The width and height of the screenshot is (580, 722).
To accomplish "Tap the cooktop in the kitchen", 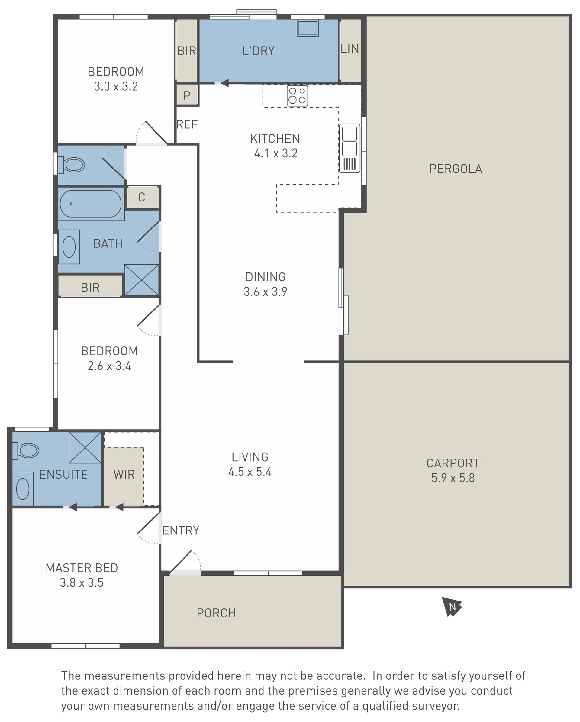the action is click(x=297, y=96).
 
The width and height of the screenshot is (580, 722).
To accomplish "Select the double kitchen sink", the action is click(x=350, y=148).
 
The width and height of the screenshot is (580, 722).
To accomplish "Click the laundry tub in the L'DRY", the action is click(x=308, y=28).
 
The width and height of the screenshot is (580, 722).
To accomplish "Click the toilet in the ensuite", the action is click(x=26, y=450).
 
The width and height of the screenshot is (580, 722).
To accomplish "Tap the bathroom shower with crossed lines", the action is click(x=141, y=280).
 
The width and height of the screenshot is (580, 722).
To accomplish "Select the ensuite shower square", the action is click(x=85, y=448).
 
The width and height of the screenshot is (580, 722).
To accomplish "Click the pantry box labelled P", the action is click(x=187, y=95).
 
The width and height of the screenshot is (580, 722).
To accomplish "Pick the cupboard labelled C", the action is click(x=142, y=197).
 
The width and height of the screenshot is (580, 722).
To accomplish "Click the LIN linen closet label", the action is click(x=350, y=49).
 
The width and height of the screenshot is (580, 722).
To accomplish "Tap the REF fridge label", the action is click(x=187, y=124).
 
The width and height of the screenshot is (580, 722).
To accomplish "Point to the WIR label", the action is click(x=124, y=475).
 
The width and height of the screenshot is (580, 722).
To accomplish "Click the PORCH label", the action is click(x=216, y=613).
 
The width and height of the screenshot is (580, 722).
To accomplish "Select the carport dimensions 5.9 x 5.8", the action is click(x=453, y=478).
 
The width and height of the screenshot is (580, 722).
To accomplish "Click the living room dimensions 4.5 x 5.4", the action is click(x=250, y=472).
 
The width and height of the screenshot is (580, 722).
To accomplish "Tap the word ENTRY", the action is click(x=181, y=530).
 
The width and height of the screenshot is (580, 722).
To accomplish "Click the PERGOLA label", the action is click(x=456, y=169).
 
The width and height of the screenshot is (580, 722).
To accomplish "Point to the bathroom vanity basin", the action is click(x=69, y=247).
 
